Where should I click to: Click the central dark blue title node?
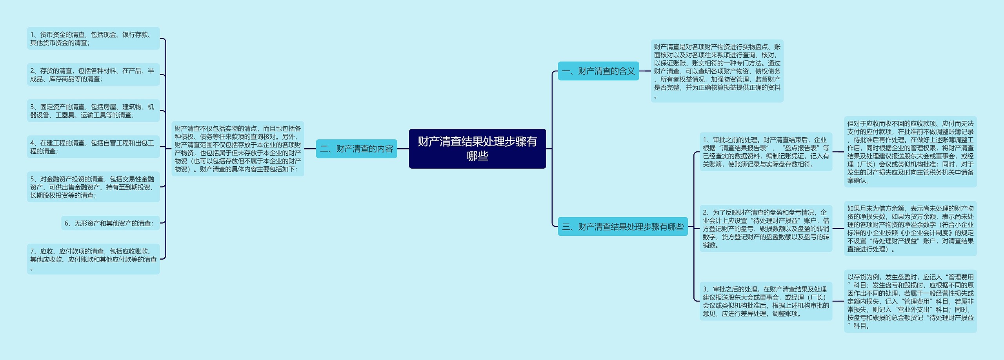[477, 149]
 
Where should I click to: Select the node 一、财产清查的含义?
[598, 71]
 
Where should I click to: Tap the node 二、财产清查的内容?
[356, 149]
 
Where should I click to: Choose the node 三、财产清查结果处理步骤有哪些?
[622, 227]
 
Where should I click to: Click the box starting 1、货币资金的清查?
[93, 38]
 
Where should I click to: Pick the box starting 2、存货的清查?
[93, 75]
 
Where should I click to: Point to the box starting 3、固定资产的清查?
[93, 111]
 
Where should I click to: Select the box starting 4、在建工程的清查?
[93, 147]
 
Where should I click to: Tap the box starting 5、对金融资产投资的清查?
[93, 187]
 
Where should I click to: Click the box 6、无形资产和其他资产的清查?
[110, 223]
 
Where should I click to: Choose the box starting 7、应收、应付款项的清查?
[93, 259]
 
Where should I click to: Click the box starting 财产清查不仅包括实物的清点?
[238, 149]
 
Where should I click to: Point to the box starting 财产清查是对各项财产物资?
[717, 71]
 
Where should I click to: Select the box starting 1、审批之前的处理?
[766, 152]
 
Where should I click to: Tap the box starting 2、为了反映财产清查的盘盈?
[766, 229]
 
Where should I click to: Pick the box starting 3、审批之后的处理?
[766, 301]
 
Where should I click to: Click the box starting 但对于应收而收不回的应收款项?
[910, 152]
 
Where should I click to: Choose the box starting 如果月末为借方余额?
[910, 229]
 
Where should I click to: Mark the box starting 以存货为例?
[910, 301]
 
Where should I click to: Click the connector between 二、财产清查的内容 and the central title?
[403, 149]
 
